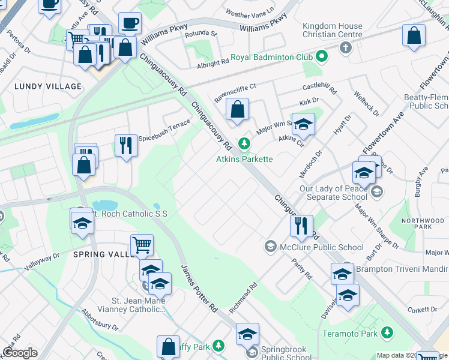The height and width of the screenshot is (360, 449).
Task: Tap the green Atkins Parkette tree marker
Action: (244, 143)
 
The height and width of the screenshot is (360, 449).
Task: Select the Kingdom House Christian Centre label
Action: (333, 30)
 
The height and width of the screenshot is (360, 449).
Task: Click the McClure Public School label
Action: (322, 247)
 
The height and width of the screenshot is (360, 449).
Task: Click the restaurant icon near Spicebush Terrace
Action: (126, 146)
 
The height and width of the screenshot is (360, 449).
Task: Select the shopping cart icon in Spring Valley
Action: (142, 245)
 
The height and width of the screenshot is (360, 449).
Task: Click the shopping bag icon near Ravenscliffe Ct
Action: (238, 110)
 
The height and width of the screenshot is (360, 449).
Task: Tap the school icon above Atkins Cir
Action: (303, 125)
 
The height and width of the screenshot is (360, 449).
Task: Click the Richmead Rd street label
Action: (243, 298)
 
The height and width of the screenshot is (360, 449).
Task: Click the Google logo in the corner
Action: (20, 353)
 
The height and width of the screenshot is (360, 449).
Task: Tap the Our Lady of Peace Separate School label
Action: (333, 192)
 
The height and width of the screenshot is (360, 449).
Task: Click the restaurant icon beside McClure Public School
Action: (301, 226)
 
